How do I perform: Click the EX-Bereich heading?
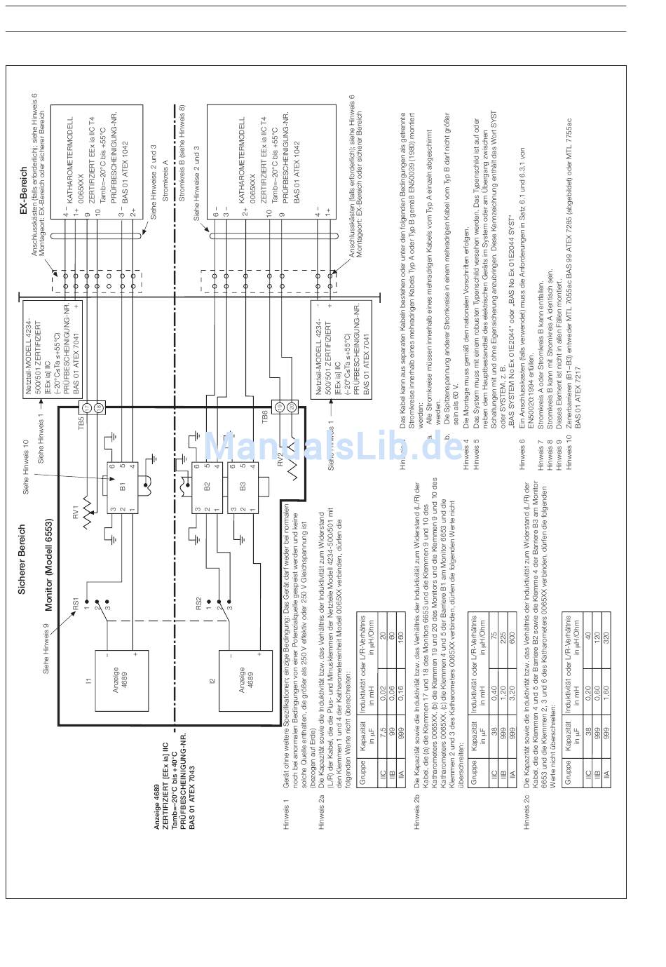tap(25, 190)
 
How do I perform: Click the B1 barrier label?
tap(123, 485)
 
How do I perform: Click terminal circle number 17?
tap(86, 407)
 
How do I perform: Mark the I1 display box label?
tap(89, 680)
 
